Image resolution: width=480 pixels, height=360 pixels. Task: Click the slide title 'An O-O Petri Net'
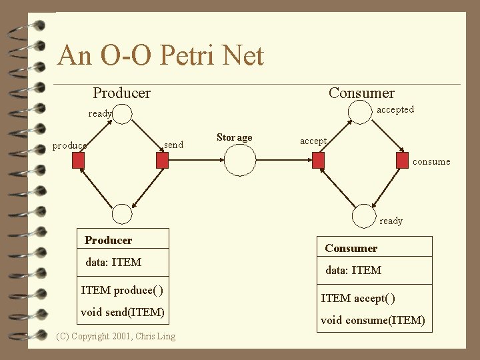161,56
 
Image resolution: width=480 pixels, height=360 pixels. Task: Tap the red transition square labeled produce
79,161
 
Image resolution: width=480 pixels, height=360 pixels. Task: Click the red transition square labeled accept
319,161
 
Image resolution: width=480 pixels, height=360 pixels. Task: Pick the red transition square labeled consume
401,161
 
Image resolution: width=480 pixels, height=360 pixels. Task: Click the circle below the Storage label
240,161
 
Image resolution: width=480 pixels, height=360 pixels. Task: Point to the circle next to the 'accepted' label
361,113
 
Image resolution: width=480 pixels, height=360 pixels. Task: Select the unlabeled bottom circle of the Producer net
122,213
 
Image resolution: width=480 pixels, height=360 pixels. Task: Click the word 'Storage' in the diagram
235,137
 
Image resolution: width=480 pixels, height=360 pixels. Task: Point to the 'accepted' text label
395,109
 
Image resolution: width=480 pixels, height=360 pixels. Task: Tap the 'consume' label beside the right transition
431,161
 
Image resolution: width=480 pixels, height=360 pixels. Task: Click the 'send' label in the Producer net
173,145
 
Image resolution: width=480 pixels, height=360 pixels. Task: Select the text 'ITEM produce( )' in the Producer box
122,290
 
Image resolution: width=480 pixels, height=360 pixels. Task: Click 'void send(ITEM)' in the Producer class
123,312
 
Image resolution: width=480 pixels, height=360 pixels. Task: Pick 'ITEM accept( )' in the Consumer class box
358,298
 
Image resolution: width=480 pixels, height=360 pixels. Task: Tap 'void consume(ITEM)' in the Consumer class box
373,320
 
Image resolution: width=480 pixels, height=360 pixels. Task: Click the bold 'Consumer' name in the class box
351,248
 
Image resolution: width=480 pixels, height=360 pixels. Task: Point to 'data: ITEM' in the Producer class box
113,262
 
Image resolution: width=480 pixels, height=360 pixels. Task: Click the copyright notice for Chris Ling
117,336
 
